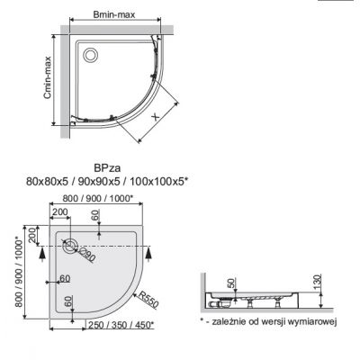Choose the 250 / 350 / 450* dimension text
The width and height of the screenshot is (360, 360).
119,325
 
